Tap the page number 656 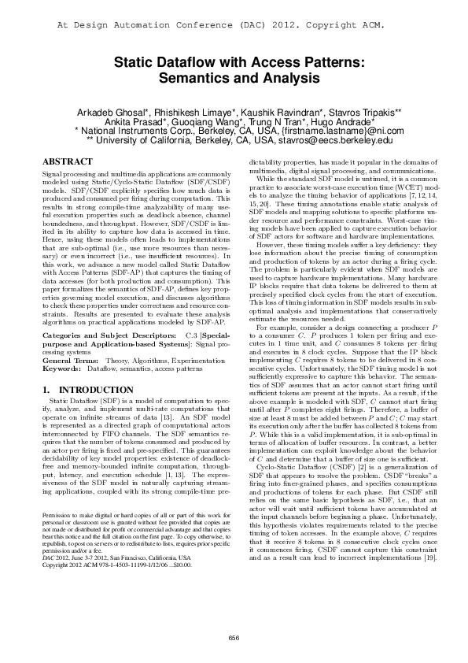click(234, 637)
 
